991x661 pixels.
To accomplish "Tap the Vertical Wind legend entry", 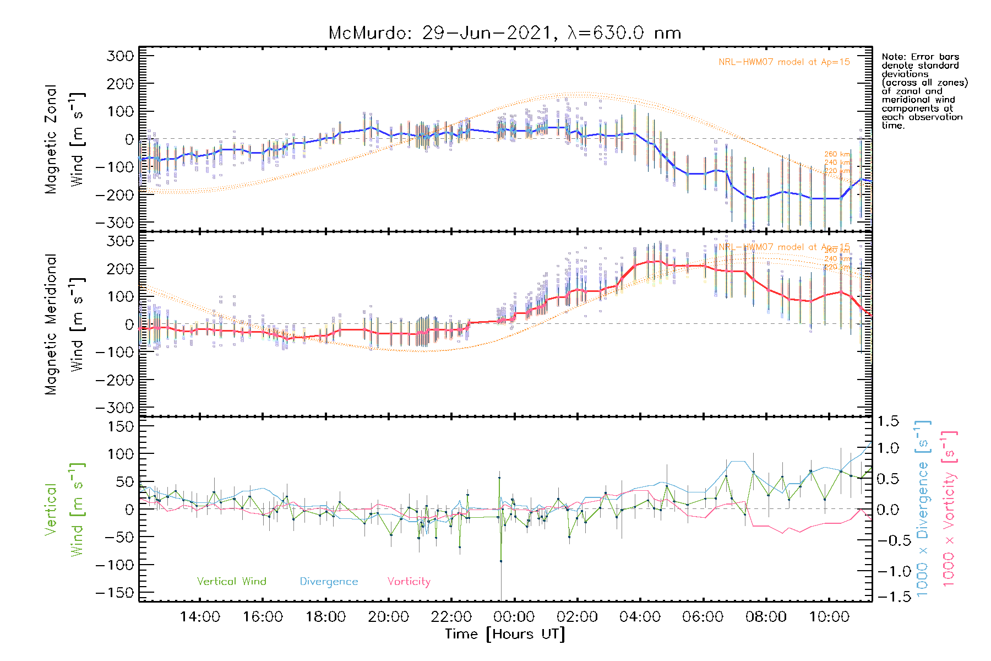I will click(231, 581).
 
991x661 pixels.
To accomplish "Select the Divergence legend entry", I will click(329, 581).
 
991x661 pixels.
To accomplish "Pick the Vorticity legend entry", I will click(409, 581).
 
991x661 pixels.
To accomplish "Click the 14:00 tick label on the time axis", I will click(200, 616).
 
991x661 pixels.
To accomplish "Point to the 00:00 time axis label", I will click(514, 616).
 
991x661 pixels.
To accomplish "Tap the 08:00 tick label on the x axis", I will click(766, 616).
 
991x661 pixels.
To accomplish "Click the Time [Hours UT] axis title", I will click(505, 634).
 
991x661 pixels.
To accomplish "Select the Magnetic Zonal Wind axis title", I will click(65, 139).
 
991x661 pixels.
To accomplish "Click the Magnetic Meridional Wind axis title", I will click(65, 324).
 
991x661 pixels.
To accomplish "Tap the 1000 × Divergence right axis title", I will click(922, 508).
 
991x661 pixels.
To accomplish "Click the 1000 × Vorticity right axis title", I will click(949, 508).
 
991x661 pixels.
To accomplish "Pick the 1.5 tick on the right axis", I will click(888, 421).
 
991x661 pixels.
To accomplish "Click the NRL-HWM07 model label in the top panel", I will click(784, 62).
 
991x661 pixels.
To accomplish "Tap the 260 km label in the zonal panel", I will click(837, 154).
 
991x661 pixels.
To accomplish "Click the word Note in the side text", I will click(892, 57).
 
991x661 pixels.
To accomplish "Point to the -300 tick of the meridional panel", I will click(115, 408).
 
